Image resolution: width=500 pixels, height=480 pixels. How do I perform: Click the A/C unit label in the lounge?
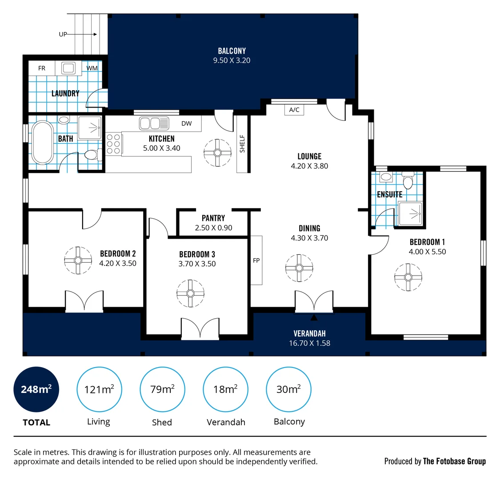pyautogui.click(x=294, y=110)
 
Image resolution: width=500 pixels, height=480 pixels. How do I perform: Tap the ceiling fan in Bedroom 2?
pyautogui.click(x=78, y=260)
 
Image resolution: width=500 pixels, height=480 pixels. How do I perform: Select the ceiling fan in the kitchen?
pyautogui.click(x=217, y=153)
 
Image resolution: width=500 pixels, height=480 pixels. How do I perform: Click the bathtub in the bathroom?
pyautogui.click(x=42, y=142)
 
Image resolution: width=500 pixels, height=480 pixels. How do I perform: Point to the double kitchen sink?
pyautogui.click(x=154, y=123)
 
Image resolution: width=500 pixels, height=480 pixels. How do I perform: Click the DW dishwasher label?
pyautogui.click(x=187, y=124)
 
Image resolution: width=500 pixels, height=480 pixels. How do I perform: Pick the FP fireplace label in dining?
pyautogui.click(x=256, y=260)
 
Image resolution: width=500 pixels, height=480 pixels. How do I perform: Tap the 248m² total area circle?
pyautogui.click(x=36, y=390)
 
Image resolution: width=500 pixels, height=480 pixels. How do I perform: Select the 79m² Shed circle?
pyautogui.click(x=162, y=390)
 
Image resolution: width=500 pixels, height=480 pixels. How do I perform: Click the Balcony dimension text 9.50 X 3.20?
pyautogui.click(x=232, y=60)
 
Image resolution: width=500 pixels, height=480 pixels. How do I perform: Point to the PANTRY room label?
pyautogui.click(x=213, y=218)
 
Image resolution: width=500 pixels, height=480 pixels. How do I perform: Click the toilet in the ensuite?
pyautogui.click(x=408, y=182)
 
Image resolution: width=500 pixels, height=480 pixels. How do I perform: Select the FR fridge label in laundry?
pyautogui.click(x=42, y=68)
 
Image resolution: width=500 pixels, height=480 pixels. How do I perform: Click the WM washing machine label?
pyautogui.click(x=92, y=68)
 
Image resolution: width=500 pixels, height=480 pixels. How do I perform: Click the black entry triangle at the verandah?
pyautogui.click(x=314, y=317)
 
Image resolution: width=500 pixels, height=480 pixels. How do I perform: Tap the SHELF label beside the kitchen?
pyautogui.click(x=242, y=144)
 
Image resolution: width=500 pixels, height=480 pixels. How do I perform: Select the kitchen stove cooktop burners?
pyautogui.click(x=113, y=144)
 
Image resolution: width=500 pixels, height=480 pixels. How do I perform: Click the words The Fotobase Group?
pyautogui.click(x=454, y=461)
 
